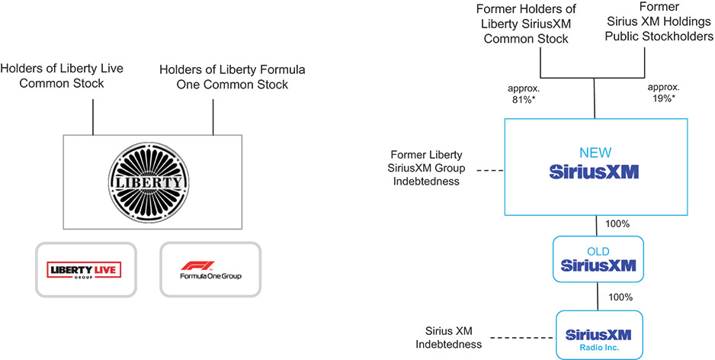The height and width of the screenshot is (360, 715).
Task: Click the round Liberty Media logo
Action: click(152, 182)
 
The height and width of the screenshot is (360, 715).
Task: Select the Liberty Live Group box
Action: click(85, 268)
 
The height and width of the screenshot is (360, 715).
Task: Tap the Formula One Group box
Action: click(210, 268)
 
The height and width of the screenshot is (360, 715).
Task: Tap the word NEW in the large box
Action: click(594, 153)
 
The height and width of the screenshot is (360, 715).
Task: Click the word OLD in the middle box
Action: click(599, 251)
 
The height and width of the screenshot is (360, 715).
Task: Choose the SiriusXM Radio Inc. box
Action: click(599, 334)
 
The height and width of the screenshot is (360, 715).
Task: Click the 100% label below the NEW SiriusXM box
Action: click(617, 225)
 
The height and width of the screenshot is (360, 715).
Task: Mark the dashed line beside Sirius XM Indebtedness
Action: click(522, 337)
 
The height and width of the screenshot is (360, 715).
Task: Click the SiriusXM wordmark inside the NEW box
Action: click(594, 172)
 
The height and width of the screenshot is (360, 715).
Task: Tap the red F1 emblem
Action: click(190, 266)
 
